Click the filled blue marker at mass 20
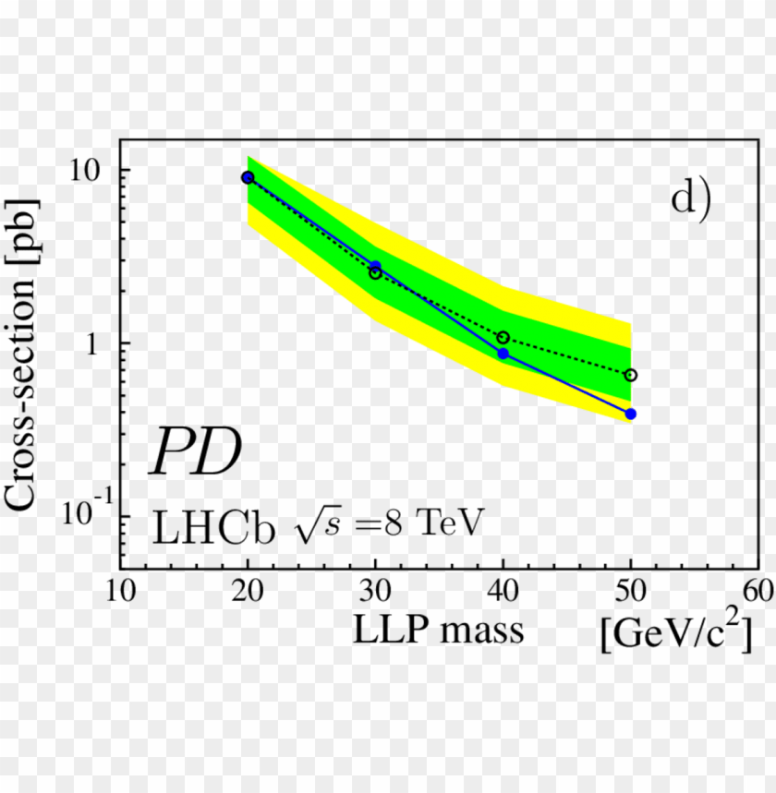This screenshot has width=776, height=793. pyautogui.click(x=248, y=177)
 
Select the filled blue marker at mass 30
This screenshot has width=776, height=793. pyautogui.click(x=375, y=266)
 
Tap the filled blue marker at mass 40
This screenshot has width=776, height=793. pyautogui.click(x=503, y=354)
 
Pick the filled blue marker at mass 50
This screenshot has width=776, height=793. pyautogui.click(x=631, y=414)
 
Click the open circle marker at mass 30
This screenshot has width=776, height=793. pyautogui.click(x=375, y=273)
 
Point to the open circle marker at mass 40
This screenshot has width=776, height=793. pyautogui.click(x=503, y=338)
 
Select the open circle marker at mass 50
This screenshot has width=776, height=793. pyautogui.click(x=631, y=375)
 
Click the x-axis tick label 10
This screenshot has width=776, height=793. pyautogui.click(x=120, y=591)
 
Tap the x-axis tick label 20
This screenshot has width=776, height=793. pyautogui.click(x=248, y=591)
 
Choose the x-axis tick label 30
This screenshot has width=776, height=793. pyautogui.click(x=375, y=591)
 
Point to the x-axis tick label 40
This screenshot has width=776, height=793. pyautogui.click(x=503, y=591)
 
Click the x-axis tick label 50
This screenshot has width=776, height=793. pyautogui.click(x=631, y=591)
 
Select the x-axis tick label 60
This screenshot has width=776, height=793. pyautogui.click(x=758, y=591)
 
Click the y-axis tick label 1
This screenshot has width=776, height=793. pyautogui.click(x=98, y=343)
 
